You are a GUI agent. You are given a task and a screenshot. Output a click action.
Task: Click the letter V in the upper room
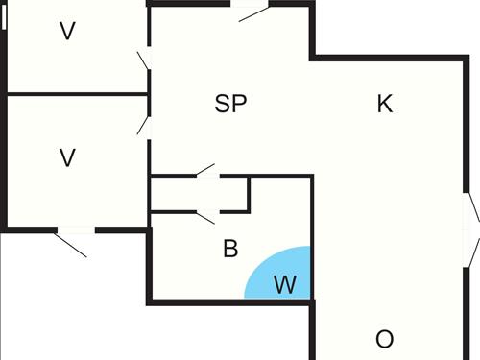click(x=67, y=32)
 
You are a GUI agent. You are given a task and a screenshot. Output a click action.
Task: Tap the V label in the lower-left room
click(x=67, y=157)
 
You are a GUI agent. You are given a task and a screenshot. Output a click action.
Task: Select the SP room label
click(x=230, y=105)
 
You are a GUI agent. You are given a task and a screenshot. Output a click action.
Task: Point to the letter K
click(x=385, y=105)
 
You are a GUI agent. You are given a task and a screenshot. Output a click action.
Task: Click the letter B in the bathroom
click(x=230, y=250)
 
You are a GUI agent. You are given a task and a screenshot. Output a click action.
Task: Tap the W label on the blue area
click(x=285, y=285)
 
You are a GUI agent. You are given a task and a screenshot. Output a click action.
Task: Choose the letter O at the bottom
click(x=385, y=339)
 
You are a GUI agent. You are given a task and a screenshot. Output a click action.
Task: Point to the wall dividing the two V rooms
click(x=77, y=94)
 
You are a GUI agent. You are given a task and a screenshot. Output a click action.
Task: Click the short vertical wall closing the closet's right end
click(x=250, y=193)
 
